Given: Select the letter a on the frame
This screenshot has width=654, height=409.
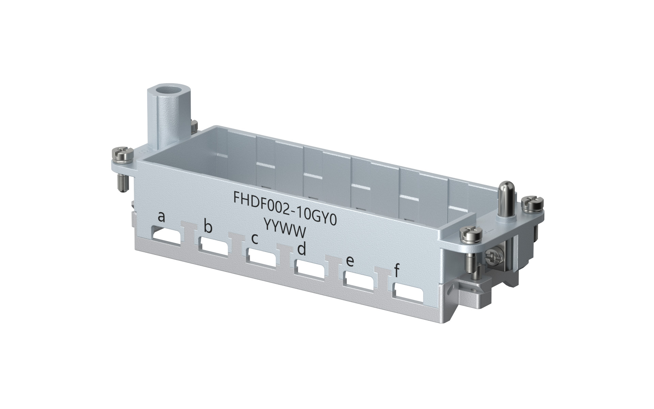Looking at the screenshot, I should point(161,216).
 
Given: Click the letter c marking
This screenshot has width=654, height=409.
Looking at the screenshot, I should point(254,239).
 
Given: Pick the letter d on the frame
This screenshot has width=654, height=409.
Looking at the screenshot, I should point(301,249).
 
